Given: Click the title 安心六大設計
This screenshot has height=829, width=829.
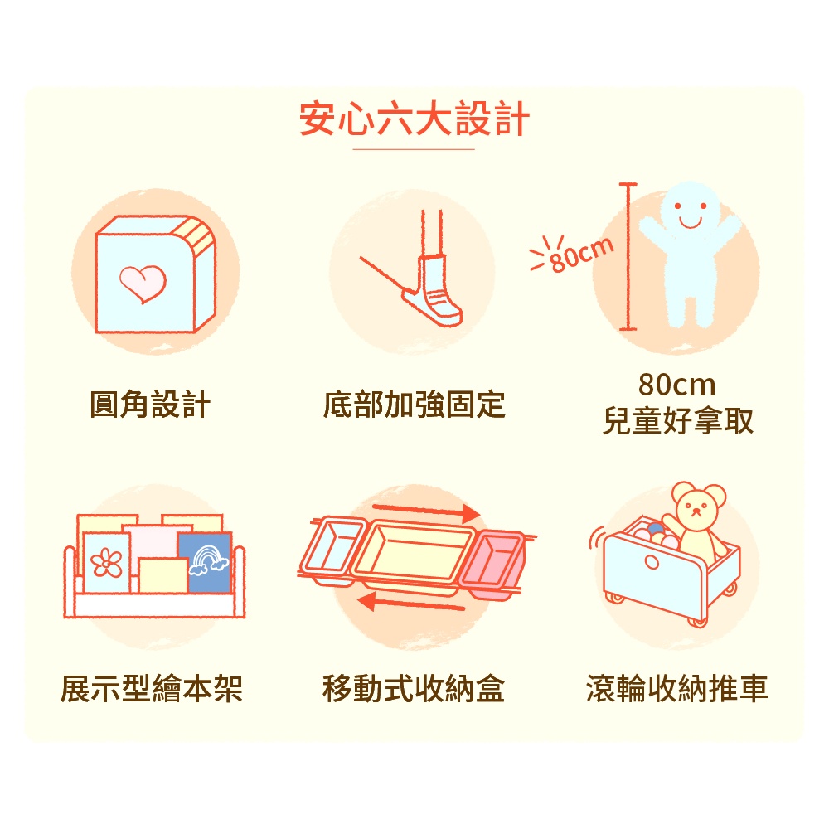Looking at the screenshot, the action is click(414, 119).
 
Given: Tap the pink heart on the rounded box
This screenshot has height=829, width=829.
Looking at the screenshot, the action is click(143, 284).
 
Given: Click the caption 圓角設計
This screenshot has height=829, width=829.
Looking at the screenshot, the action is click(150, 405).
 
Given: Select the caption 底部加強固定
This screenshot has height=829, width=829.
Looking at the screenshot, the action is click(414, 405).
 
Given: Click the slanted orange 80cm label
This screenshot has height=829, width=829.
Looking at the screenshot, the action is click(582, 255).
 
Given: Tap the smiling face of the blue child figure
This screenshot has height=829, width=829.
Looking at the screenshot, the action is click(690, 208).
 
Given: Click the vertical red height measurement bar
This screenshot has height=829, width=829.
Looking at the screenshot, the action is click(628, 256).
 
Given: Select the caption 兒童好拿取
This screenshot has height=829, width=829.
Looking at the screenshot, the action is click(678, 421).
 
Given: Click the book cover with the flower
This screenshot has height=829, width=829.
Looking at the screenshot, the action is click(106, 563).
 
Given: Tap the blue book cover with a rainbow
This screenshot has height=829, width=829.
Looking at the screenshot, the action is click(205, 563).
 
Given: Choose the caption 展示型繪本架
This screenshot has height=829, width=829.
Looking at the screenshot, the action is click(151, 689).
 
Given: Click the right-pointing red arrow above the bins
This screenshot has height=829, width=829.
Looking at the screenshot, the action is click(426, 511).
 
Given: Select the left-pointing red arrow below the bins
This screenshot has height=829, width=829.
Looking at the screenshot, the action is click(411, 603).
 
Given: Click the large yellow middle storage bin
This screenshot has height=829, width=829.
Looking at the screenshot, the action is click(414, 557).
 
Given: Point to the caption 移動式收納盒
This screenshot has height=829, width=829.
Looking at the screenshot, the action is click(414, 689).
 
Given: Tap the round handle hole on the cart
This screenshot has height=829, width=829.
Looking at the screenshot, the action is click(652, 562).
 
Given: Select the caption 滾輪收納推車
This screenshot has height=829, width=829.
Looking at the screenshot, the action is click(677, 689).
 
